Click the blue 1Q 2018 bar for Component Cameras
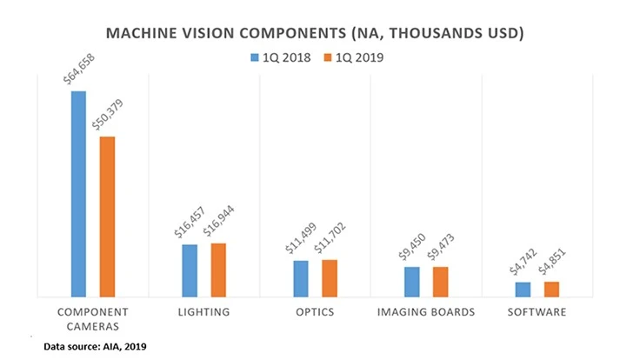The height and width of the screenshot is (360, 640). coord(78,194)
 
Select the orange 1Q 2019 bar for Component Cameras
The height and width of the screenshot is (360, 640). coord(107,217)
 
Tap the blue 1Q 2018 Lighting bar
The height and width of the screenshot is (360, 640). coord(190,270)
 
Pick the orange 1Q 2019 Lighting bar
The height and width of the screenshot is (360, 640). coord(218,270)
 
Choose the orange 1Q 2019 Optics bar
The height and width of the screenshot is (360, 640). coord(330,278)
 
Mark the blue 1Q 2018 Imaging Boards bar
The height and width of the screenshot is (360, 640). coord(412,282)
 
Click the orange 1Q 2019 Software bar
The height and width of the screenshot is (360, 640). coord(552,290)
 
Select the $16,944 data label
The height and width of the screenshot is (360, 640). coord(217,223)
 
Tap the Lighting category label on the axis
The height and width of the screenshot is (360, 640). coord(205,311)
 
